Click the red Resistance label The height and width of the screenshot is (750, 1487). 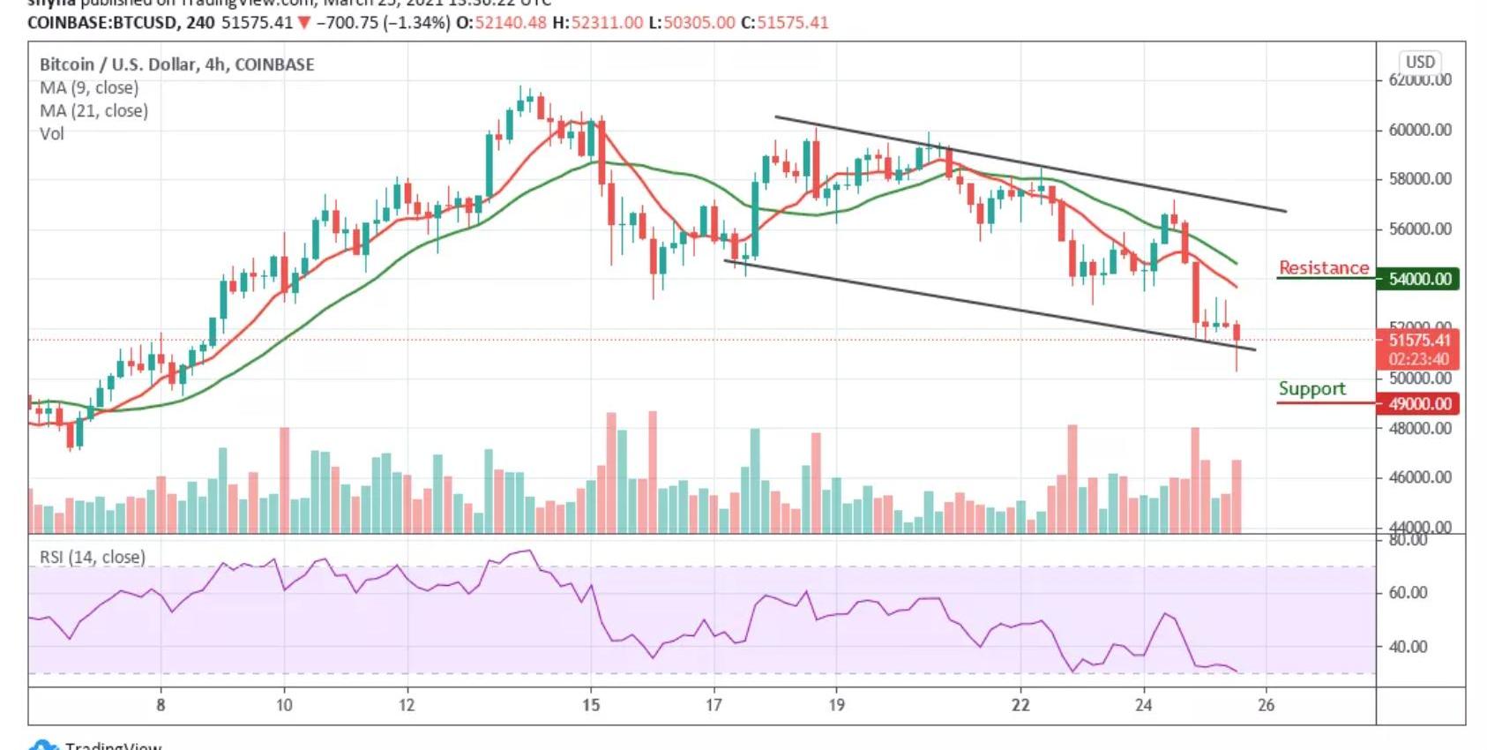pos(1323,267)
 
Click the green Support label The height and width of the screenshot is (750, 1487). pos(1311,388)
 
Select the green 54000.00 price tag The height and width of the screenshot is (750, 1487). pos(1419,279)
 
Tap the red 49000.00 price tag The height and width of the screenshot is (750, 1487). pos(1419,403)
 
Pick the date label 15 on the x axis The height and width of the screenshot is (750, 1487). pos(591,704)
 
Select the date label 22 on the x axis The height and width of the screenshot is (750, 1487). pos(1020,704)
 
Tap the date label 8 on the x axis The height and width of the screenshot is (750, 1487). pos(161,704)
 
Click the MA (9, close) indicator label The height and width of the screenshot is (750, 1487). pos(89,87)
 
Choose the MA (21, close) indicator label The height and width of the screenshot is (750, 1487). pos(93,110)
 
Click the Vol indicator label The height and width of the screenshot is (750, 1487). pos(52,133)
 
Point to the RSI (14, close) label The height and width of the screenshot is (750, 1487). pos(93,557)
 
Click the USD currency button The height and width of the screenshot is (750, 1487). pos(1420,62)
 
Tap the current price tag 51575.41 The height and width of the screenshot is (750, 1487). pos(1419,340)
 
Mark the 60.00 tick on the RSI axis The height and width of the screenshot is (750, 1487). pos(1408,593)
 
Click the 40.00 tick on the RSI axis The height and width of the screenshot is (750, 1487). pos(1408,647)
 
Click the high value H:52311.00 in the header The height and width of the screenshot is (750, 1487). pos(598,22)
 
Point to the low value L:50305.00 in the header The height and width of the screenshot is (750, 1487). pos(691,22)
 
